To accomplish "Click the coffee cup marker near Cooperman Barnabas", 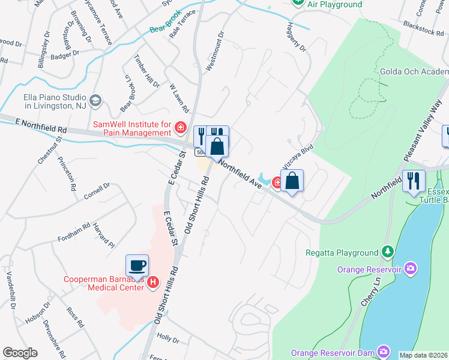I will pos(137,265).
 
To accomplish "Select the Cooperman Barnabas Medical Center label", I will pos(105,283).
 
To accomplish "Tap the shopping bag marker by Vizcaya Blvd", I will pos(292,181).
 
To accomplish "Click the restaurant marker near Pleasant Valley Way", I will pos(414,181).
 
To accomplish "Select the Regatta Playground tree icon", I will pos(388,252).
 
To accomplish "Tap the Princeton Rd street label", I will pos(67,173).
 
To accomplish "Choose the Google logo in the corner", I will pos(20,352).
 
